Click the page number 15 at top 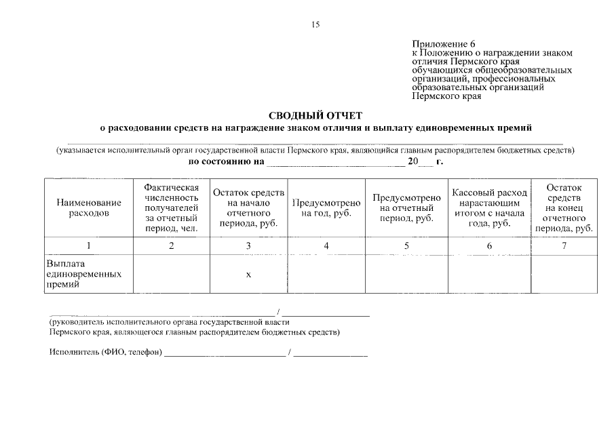[315, 25]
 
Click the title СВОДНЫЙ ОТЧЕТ [315, 115]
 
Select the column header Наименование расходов [89, 208]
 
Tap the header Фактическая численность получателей [171, 208]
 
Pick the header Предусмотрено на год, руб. [326, 208]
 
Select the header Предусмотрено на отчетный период [406, 208]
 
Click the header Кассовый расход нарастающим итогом [489, 208]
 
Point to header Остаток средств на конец [564, 208]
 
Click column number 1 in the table [89, 246]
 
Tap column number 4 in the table [326, 246]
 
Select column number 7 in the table [564, 246]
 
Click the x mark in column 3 [248, 274]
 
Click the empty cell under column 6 [489, 274]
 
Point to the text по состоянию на [225, 162]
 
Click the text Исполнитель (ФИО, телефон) [105, 352]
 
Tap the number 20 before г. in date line [413, 162]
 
